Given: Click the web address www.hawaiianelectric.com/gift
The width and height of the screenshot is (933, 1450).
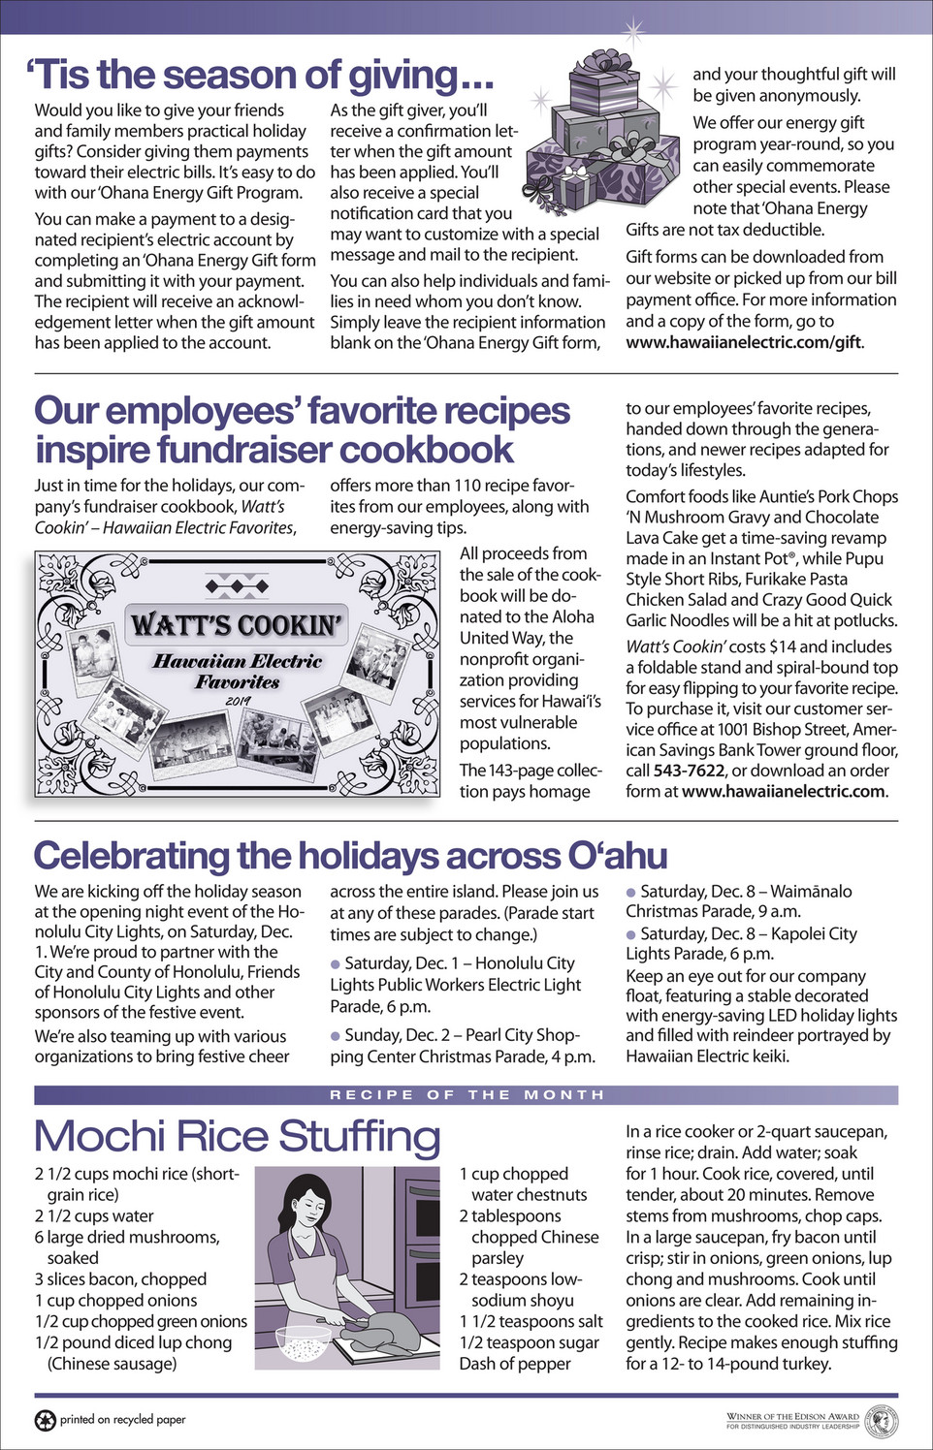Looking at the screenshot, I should tap(743, 342).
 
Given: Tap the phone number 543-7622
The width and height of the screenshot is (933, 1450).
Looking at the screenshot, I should tap(689, 770).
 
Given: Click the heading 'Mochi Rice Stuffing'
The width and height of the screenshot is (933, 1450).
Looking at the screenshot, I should tap(238, 1136).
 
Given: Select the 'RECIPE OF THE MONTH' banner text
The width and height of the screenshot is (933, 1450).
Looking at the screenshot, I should tap(466, 1094).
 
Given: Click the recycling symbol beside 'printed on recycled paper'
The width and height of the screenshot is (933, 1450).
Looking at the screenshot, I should tap(45, 1420).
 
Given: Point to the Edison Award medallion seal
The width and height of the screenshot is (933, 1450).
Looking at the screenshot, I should tap(881, 1421).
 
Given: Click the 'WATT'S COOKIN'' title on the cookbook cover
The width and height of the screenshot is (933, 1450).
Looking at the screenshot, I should tap(237, 625).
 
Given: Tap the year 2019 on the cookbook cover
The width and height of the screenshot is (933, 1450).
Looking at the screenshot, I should tap(238, 701).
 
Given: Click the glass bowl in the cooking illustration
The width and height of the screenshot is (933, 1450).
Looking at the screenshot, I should tap(303, 1342).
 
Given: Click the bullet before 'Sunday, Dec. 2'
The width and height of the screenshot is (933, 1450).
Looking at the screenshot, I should tap(336, 1036).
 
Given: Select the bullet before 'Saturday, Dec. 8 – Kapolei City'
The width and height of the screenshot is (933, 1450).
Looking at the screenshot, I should tap(631, 934).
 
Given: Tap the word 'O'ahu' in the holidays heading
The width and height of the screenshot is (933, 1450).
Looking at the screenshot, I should tap(617, 856).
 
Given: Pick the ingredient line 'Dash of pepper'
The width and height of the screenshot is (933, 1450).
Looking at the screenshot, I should tap(515, 1364).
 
